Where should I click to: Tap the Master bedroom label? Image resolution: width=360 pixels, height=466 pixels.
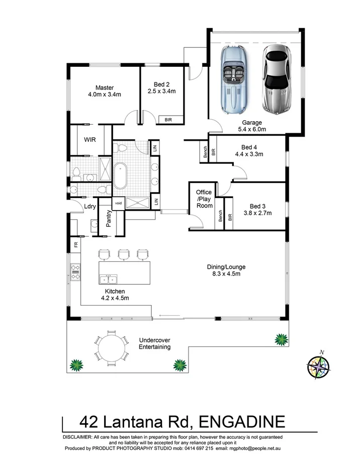pyautogui.click(x=105, y=90)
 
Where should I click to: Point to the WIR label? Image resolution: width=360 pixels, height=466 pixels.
pyautogui.click(x=90, y=139)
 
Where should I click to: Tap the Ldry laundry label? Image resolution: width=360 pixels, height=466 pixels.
pyautogui.click(x=90, y=207)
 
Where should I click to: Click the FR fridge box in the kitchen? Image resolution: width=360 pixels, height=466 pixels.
pyautogui.click(x=75, y=245)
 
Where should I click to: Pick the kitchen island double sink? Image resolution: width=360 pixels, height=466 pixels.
pyautogui.click(x=108, y=279)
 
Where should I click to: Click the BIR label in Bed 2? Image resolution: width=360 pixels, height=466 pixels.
pyautogui.click(x=167, y=119)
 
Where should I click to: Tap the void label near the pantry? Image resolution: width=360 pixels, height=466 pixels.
pyautogui.click(x=118, y=203)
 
